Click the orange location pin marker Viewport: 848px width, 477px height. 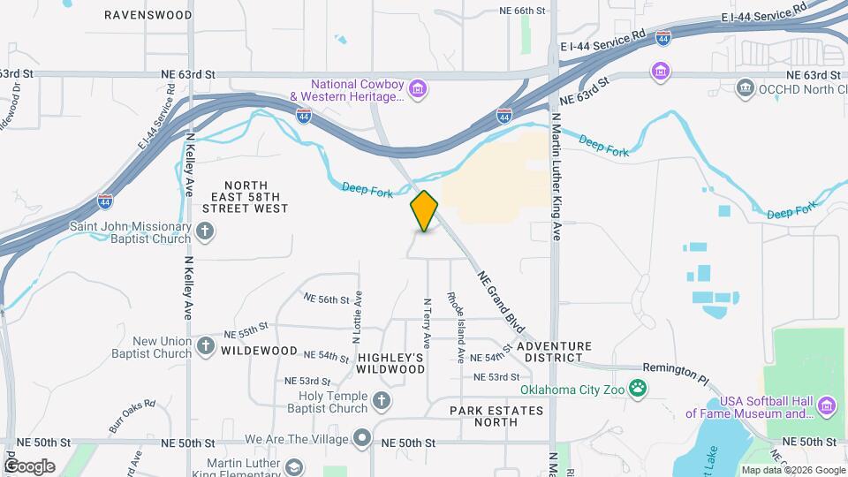pos(425,211)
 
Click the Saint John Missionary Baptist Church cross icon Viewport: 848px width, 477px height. pos(205,232)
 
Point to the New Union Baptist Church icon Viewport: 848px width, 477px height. pos(205,346)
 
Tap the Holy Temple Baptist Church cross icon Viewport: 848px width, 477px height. pos(382,402)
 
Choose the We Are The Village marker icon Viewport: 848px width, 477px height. pos(362,438)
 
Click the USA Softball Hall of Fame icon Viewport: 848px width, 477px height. pos(826,406)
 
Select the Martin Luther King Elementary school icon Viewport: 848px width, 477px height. pos(293,467)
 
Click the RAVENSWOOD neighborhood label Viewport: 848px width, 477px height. pos(148,15)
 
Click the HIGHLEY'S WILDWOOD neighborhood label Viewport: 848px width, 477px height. pos(391,362)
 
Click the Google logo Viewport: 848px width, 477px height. pos(29,466)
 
